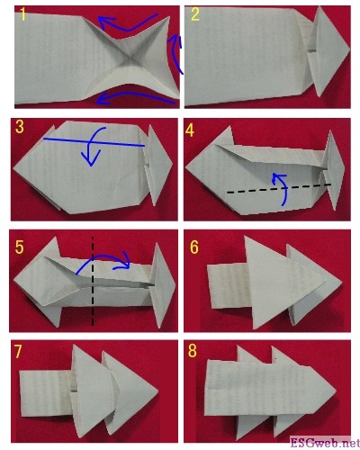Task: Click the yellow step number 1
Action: (x=22, y=14)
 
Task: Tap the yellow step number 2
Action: (x=195, y=14)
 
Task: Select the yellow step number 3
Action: (x=19, y=127)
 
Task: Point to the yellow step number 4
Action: (x=190, y=130)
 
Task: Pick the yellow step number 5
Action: (x=19, y=247)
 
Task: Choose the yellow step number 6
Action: (x=194, y=247)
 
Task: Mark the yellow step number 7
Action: (x=18, y=352)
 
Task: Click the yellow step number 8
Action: (x=193, y=351)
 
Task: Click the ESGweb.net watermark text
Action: (x=325, y=443)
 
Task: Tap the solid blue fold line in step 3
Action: (x=94, y=142)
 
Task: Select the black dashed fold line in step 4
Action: (x=279, y=188)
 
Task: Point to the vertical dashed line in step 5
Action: (x=93, y=282)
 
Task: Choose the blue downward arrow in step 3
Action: (x=91, y=147)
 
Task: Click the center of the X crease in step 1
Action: (x=130, y=58)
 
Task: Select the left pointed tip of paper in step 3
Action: (x=13, y=168)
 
